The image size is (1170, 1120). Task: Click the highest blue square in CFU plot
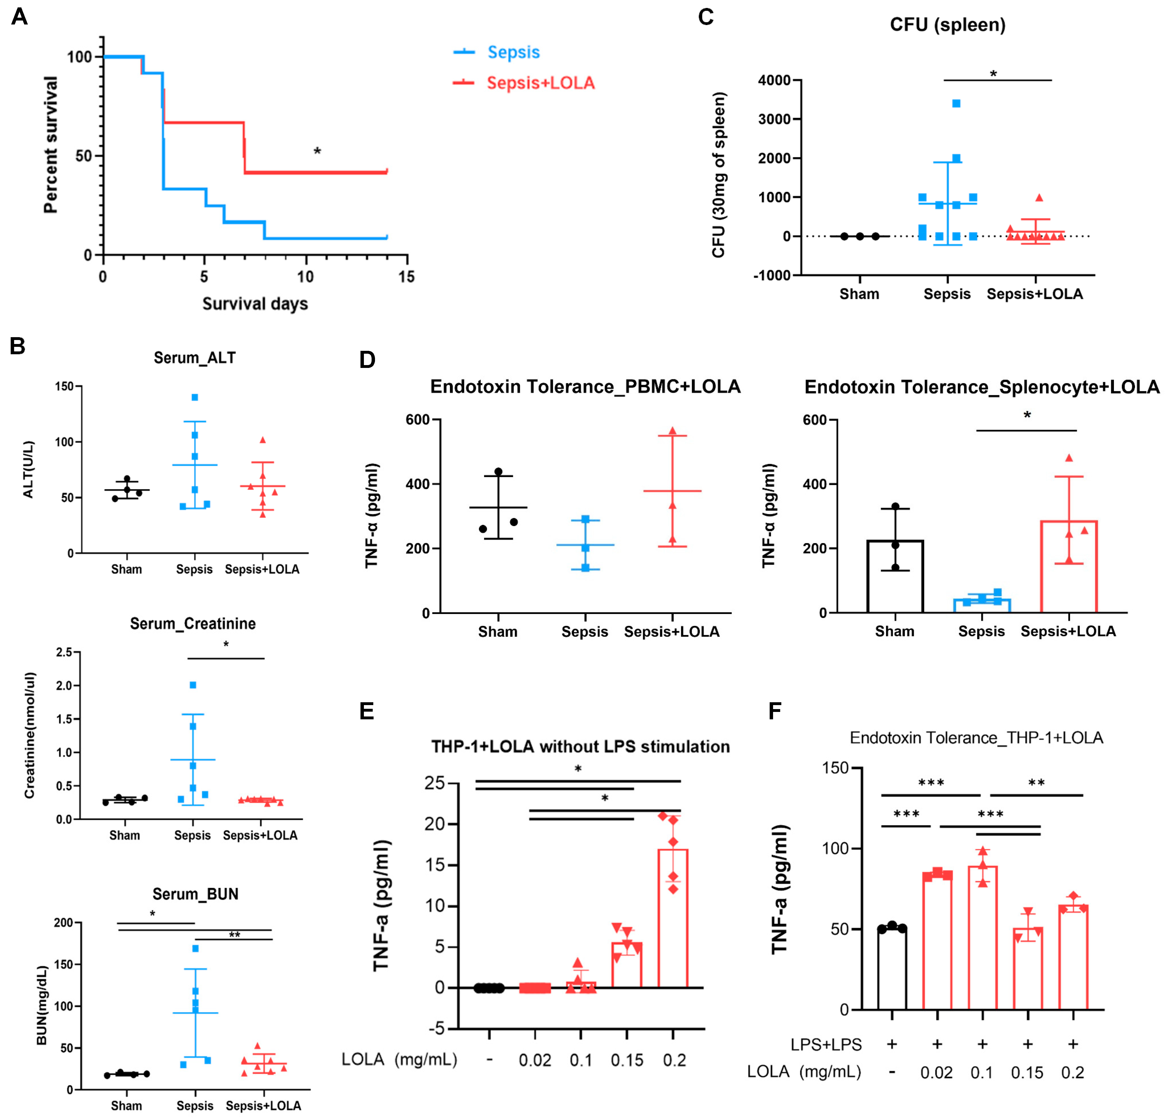click(x=956, y=103)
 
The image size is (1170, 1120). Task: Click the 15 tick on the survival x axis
click(x=407, y=277)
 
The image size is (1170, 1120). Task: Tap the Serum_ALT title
click(x=194, y=358)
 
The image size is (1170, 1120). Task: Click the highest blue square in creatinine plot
click(x=193, y=685)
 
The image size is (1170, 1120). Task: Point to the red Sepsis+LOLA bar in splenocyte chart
click(x=1069, y=567)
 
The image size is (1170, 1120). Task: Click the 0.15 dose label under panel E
click(x=627, y=1060)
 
